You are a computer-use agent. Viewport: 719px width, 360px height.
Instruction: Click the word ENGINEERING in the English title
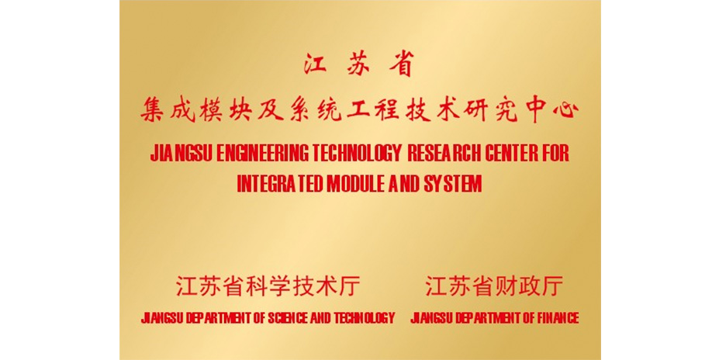click(263, 154)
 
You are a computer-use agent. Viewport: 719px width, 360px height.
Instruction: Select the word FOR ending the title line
click(555, 154)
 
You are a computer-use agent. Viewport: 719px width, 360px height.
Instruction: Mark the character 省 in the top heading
click(402, 64)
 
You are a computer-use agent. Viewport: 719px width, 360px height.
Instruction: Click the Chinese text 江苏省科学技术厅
click(268, 286)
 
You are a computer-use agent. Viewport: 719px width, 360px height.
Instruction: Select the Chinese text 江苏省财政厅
click(494, 286)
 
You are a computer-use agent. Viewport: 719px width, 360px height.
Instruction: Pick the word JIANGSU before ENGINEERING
click(181, 154)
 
